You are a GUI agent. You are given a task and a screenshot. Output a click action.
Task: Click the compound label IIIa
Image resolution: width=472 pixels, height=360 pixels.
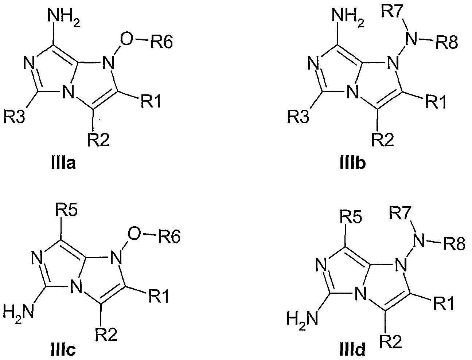pos(63,163)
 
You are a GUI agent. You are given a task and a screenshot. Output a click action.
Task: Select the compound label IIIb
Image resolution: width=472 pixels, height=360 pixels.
pos(353,163)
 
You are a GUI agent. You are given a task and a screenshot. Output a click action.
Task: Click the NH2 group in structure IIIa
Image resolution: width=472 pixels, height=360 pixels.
pos(64,17)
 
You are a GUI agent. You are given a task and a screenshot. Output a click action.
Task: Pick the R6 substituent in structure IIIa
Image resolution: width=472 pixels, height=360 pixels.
pos(162,42)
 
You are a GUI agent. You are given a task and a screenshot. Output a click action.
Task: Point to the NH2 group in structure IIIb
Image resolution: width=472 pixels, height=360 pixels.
pos(348,17)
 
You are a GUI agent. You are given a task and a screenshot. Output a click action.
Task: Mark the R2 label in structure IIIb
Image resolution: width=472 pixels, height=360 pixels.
pos(383,140)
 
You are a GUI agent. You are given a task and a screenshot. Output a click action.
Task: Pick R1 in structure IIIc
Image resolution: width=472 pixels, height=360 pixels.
pos(159,296)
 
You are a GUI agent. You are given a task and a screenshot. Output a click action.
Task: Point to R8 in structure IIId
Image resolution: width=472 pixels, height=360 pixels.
pos(454,244)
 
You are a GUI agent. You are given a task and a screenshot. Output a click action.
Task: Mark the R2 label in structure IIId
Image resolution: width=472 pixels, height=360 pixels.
pos(391,341)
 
